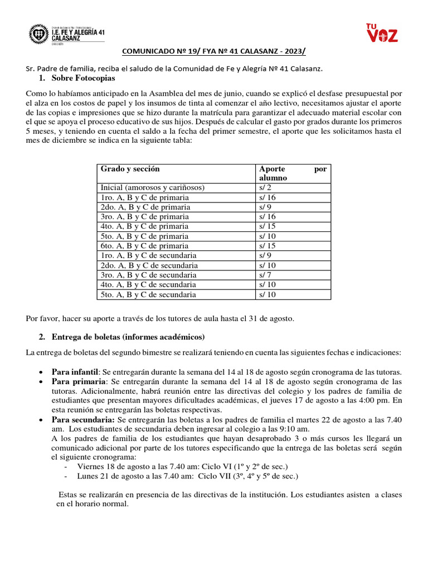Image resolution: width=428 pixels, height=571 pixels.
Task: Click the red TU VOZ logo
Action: click(382, 33)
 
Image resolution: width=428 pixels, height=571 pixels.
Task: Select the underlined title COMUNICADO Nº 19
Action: click(213, 52)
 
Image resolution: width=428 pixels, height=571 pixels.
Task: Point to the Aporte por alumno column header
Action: click(293, 173)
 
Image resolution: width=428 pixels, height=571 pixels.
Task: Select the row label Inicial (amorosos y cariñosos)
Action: click(152, 187)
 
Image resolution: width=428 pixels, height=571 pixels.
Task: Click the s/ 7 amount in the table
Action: click(264, 275)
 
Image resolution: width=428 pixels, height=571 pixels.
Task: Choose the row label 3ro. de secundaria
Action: click(148, 275)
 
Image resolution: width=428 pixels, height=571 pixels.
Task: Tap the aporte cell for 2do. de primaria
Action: click(264, 207)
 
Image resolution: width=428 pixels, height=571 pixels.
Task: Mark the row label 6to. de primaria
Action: click(144, 246)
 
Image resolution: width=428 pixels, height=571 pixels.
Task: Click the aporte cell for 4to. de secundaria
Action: click(266, 284)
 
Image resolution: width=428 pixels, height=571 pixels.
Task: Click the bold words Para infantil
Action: click(75, 372)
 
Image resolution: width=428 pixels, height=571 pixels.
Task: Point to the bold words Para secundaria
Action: click(83, 419)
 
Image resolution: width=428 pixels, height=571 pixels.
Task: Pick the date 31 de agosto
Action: click(270, 318)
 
